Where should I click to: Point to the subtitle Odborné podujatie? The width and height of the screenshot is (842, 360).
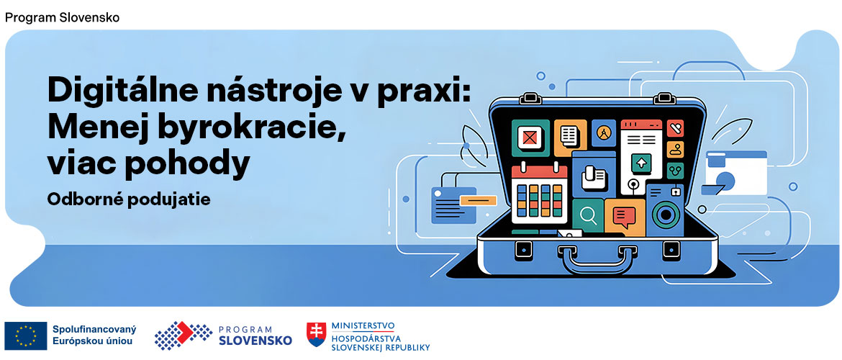pyautogui.click(x=128, y=200)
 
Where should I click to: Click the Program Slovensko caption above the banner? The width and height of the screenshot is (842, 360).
pyautogui.click(x=63, y=17)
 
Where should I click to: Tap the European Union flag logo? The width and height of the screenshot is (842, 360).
pyautogui.click(x=26, y=336)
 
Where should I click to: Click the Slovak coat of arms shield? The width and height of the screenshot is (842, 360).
pyautogui.click(x=316, y=334)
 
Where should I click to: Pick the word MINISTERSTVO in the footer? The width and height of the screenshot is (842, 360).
pyautogui.click(x=363, y=326)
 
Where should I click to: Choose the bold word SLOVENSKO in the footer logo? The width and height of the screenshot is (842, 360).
pyautogui.click(x=255, y=341)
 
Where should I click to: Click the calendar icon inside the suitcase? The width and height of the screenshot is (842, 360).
pyautogui.click(x=539, y=194)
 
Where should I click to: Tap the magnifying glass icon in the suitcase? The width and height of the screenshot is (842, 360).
pyautogui.click(x=588, y=216)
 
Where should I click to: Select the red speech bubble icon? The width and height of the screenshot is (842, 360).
pyautogui.click(x=624, y=217)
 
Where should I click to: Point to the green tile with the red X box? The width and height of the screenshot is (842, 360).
pyautogui.click(x=530, y=138)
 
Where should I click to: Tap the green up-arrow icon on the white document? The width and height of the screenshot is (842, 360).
pyautogui.click(x=641, y=163)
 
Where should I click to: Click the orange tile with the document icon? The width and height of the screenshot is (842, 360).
pyautogui.click(x=570, y=138)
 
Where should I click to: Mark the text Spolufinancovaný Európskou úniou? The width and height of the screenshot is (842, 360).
pyautogui.click(x=94, y=336)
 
